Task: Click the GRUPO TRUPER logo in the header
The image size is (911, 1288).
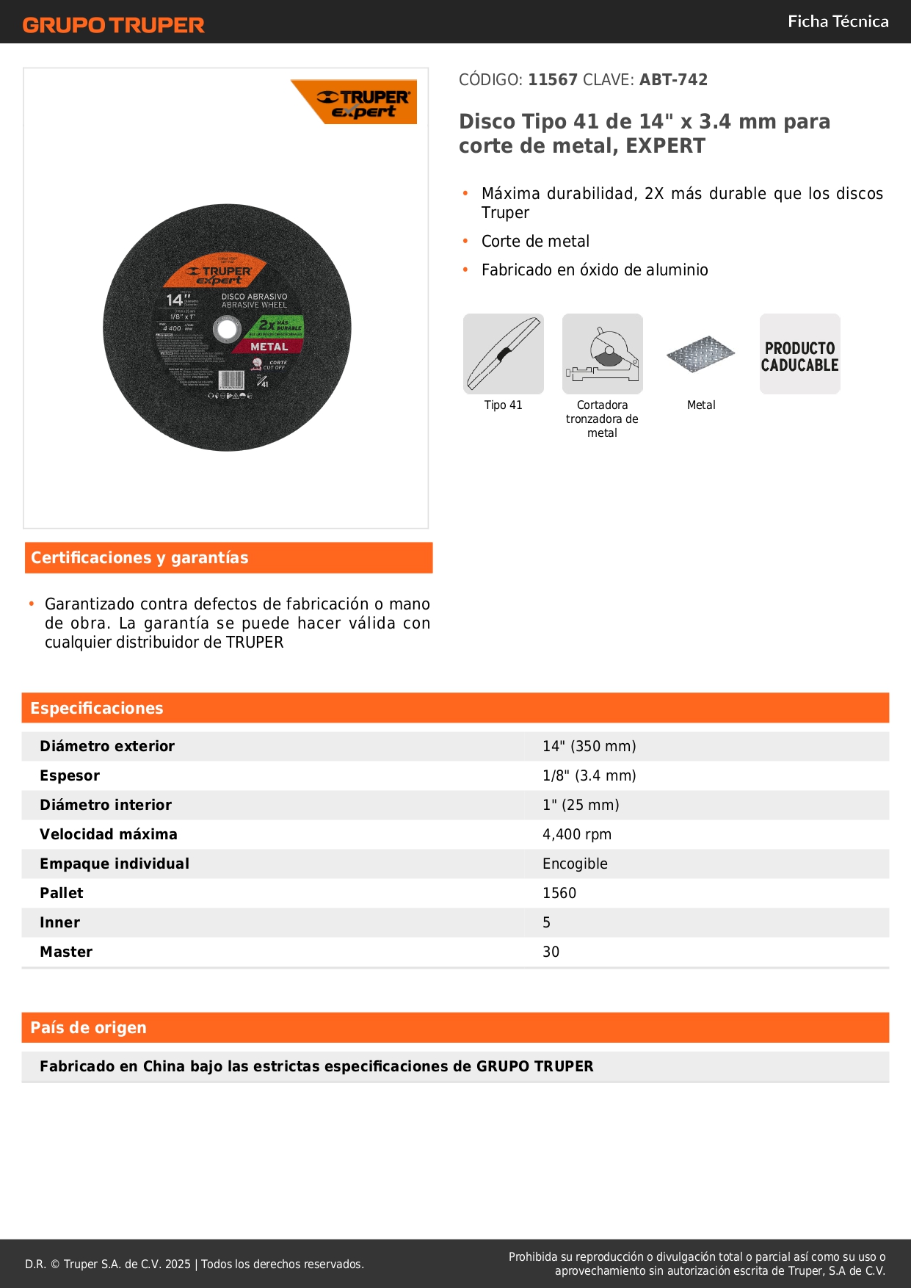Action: tap(113, 25)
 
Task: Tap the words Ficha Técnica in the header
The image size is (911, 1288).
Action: tap(838, 21)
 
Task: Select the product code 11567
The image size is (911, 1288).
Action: tap(553, 80)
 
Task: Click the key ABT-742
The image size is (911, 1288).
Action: tap(673, 80)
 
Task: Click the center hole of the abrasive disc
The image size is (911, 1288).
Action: tap(227, 329)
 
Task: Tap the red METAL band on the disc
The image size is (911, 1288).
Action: tap(269, 347)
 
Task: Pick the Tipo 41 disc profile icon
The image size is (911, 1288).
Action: tap(504, 354)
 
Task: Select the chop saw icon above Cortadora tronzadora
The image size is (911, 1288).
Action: tap(602, 354)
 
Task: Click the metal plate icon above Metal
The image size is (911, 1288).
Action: tap(700, 355)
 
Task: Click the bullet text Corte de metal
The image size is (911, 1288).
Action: tap(535, 242)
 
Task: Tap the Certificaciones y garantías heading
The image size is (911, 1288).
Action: tap(139, 558)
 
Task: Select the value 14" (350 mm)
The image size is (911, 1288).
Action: tap(589, 746)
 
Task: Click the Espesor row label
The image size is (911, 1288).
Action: tap(70, 775)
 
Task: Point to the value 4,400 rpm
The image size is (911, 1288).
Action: tap(576, 834)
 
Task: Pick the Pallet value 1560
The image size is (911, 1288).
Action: tap(559, 893)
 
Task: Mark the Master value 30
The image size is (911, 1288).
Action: tap(551, 952)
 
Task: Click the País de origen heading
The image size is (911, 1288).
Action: tap(88, 1028)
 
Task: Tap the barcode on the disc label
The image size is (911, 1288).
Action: tap(231, 380)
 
